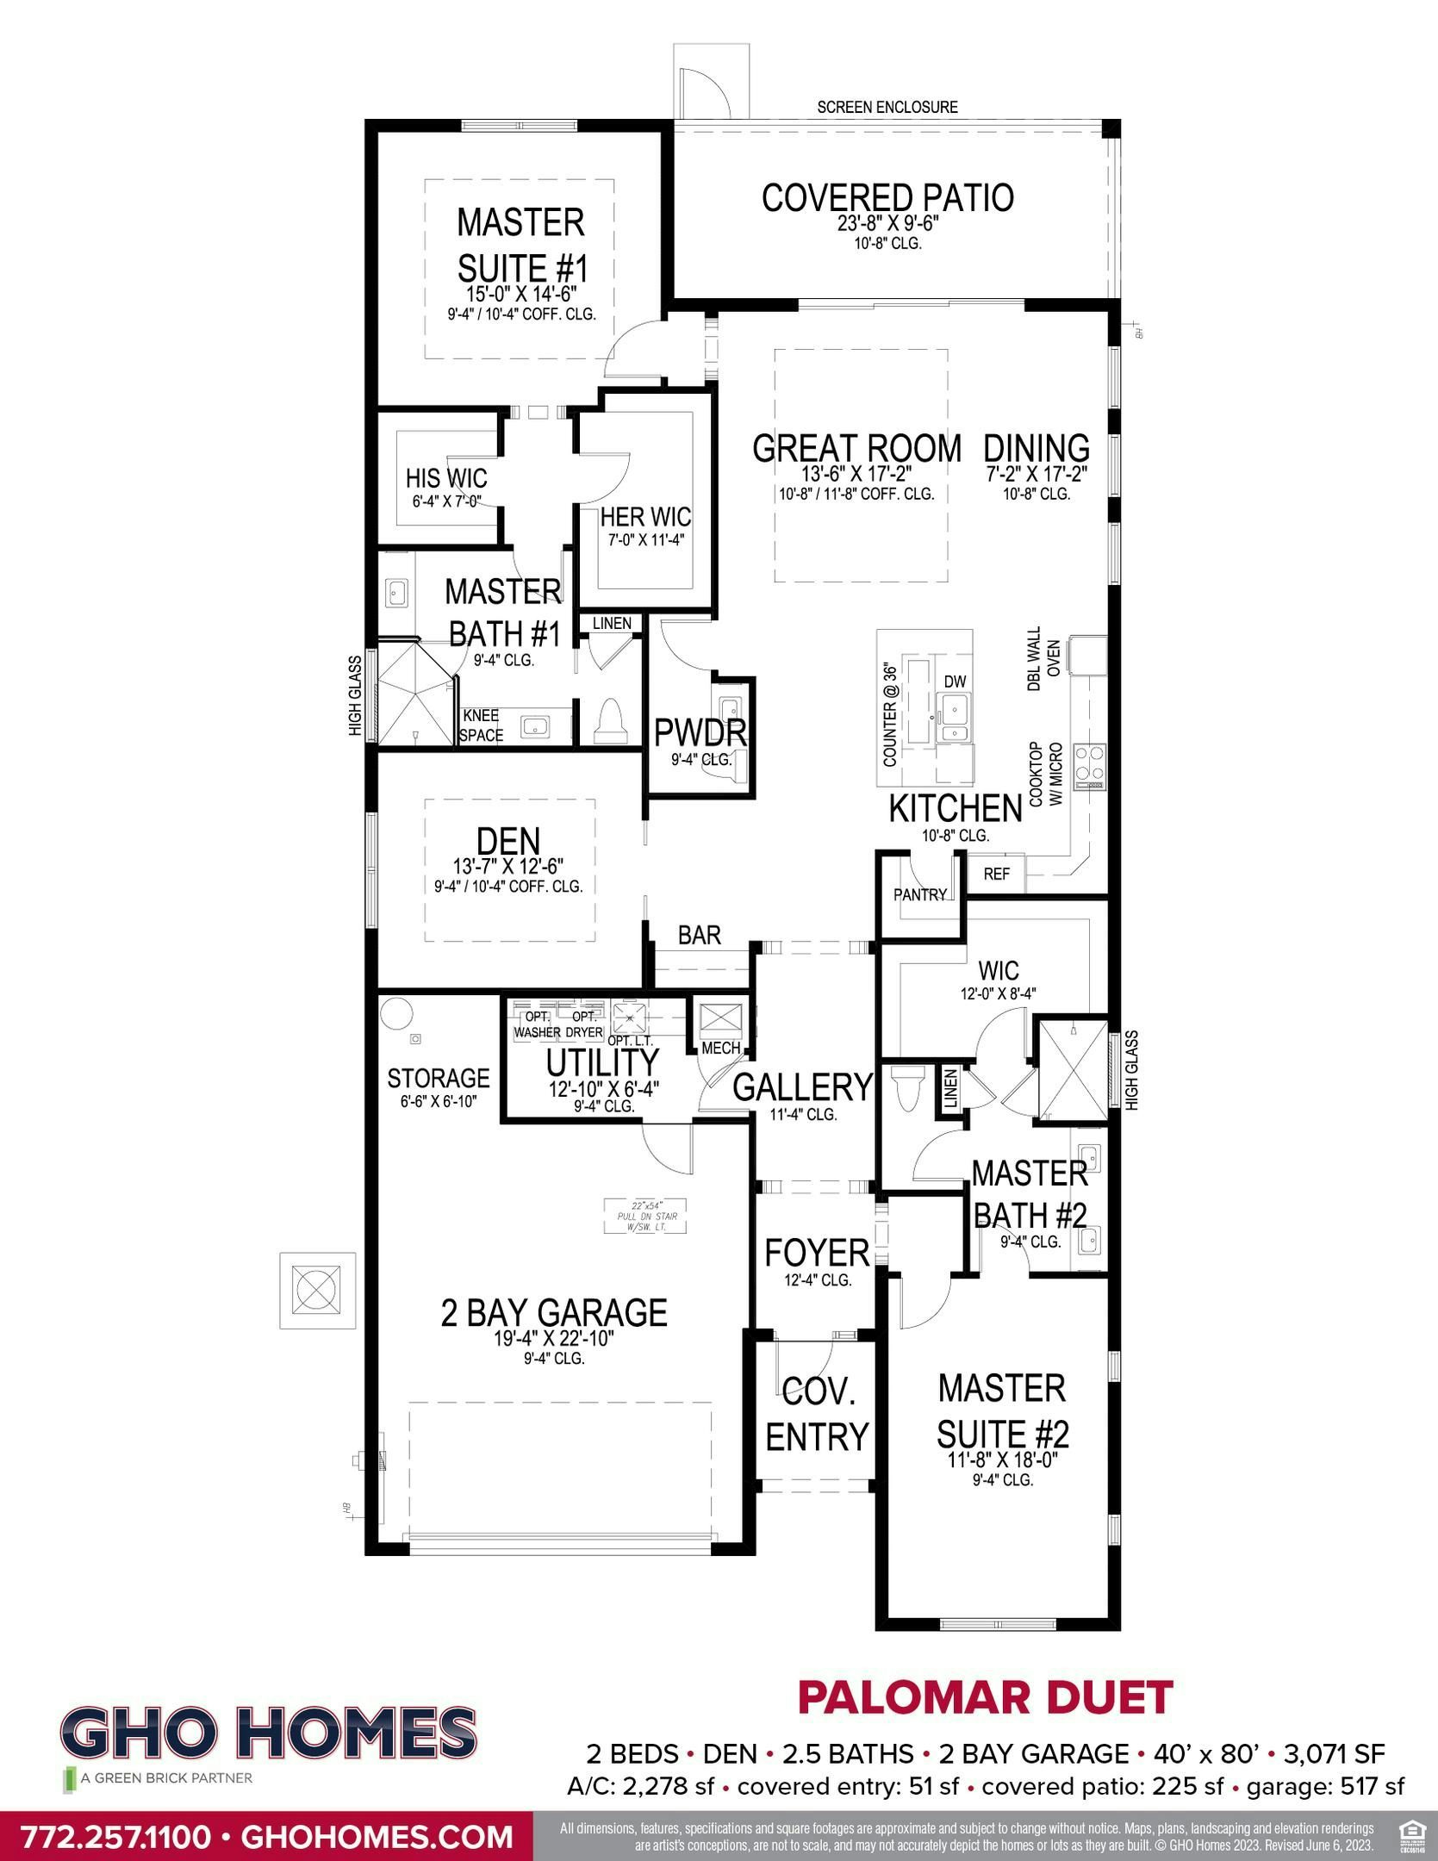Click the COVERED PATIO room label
(887, 198)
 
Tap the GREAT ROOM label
(856, 448)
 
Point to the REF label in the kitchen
(996, 874)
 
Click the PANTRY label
(919, 894)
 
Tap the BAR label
(699, 935)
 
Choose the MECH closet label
(721, 1048)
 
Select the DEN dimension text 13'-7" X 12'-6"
(508, 865)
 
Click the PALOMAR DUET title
(985, 1697)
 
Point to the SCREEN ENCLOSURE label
(887, 108)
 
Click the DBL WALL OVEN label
(1042, 658)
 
